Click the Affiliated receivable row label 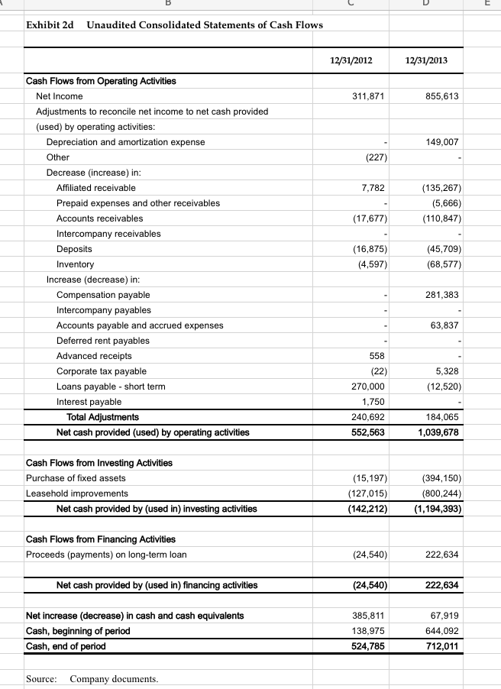[x=96, y=188]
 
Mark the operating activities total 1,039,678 [x=439, y=432]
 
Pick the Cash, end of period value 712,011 [x=443, y=646]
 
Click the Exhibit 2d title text [x=174, y=25]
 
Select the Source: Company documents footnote [x=92, y=678]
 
